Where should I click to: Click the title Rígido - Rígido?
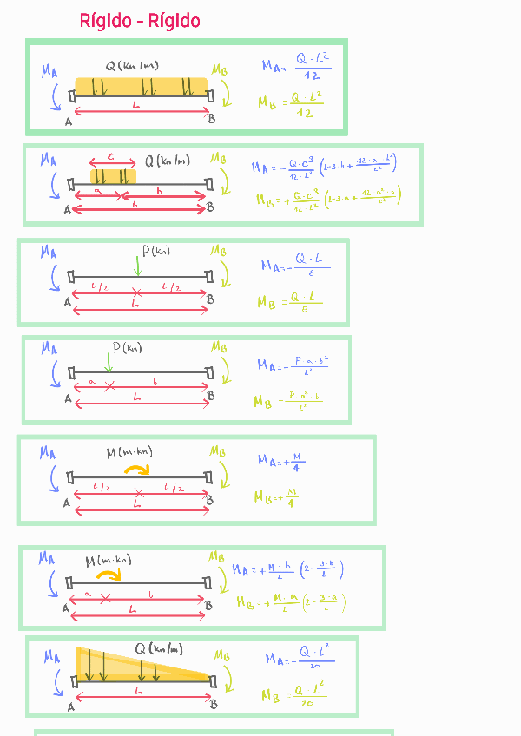(140, 21)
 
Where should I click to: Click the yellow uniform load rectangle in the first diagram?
(142, 87)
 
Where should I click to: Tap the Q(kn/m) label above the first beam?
(132, 66)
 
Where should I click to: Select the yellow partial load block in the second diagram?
(113, 175)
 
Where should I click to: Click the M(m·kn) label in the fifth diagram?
(129, 451)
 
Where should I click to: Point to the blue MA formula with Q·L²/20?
(299, 659)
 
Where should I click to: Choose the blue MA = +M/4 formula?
(281, 461)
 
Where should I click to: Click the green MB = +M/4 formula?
(277, 498)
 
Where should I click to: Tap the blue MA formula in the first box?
(296, 67)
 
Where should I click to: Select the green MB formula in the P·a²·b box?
(287, 401)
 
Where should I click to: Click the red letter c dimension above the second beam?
(111, 157)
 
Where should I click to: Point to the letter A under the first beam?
(68, 121)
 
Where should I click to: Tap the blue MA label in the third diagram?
(48, 251)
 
